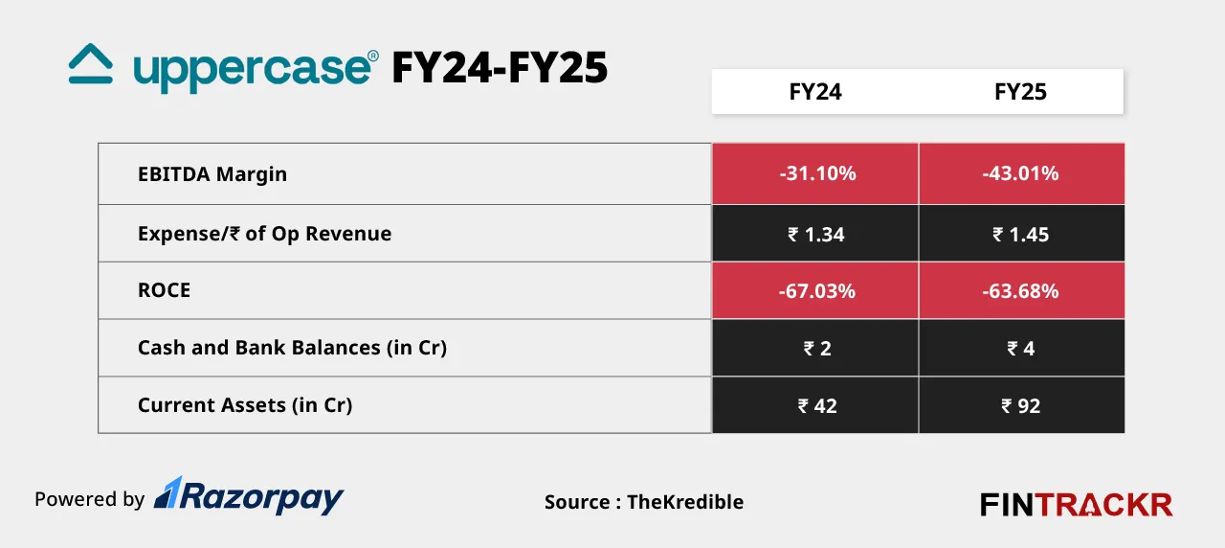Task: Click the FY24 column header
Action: tap(815, 92)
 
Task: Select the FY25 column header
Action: tap(1020, 92)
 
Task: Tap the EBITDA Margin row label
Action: tap(212, 174)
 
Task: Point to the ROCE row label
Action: tap(164, 290)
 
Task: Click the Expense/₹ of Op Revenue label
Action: tap(264, 234)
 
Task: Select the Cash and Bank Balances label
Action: tap(292, 348)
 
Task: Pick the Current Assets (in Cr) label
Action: tap(245, 405)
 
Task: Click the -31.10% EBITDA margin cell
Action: tap(816, 174)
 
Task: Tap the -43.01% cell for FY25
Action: tap(1020, 174)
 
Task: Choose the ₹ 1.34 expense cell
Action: tap(816, 234)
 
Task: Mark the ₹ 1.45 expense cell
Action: tap(1020, 234)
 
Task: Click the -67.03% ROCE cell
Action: tap(816, 291)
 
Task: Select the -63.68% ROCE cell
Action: tap(1020, 291)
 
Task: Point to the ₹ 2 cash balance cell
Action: tap(816, 349)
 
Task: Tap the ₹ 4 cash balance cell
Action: tap(1020, 349)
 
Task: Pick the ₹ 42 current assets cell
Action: tap(816, 406)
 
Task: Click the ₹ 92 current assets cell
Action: tap(1020, 406)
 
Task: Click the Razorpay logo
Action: tap(249, 496)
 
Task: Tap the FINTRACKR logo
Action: tap(1076, 504)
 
